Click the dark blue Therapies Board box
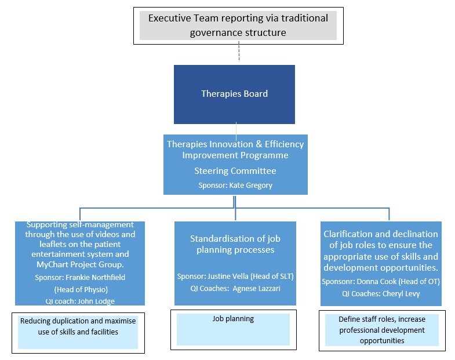click(x=234, y=94)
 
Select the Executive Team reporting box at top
click(x=238, y=26)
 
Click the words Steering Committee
click(x=235, y=171)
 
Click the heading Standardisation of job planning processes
click(x=235, y=244)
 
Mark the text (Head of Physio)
click(x=79, y=289)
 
